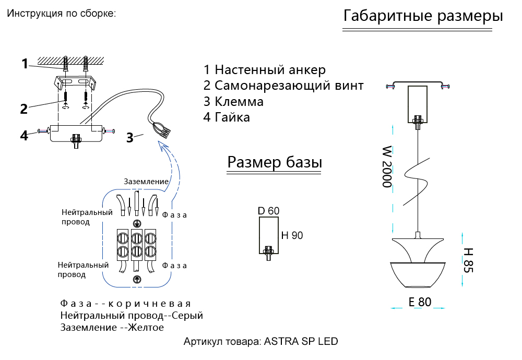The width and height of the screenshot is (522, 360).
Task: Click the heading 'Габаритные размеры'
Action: pos(423,16)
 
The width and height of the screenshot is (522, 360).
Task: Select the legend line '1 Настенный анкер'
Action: pos(265,70)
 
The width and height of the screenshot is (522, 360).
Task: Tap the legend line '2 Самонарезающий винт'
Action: pos(283,86)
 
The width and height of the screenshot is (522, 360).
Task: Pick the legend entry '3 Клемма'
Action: pos(233,101)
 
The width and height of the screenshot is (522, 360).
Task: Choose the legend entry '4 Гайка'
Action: pos(227,117)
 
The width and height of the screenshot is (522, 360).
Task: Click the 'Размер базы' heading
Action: pos(275,163)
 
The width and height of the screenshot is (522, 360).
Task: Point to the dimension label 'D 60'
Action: pos(269,211)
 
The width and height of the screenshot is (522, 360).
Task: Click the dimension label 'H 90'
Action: pos(292,235)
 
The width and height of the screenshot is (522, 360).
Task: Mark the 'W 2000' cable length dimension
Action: pos(387,167)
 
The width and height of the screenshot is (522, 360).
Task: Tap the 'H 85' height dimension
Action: pos(468,259)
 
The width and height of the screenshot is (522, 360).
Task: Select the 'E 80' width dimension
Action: pos(420,302)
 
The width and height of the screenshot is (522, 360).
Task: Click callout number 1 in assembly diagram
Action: pos(25,64)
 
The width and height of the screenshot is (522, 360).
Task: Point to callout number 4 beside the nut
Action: pos(24,135)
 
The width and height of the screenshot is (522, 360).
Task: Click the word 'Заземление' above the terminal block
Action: pos(146,182)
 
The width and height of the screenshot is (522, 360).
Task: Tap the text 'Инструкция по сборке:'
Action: pos(61,13)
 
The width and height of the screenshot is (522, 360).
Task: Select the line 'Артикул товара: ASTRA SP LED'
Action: pos(260,342)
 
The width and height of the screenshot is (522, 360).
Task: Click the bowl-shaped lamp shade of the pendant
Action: pos(418,274)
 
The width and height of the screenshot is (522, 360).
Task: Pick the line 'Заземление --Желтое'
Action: pos(112,328)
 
